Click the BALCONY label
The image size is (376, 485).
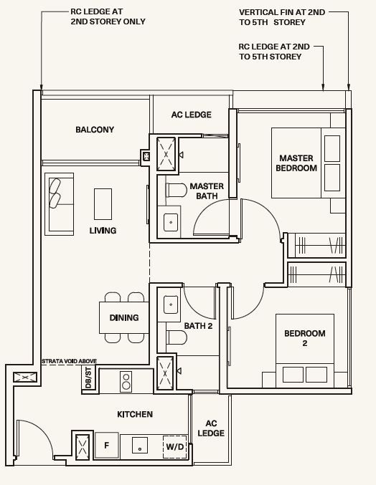point(95,130)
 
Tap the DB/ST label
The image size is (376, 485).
point(88,378)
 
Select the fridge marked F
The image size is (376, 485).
point(107,445)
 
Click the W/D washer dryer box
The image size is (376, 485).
point(175,446)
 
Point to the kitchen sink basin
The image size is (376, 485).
point(140,445)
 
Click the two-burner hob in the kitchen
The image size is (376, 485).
point(126,382)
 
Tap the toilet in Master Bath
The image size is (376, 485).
point(177,190)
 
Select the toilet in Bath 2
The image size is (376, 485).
point(177,337)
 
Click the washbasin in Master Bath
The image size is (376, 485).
point(171,222)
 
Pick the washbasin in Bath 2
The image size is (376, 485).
point(171,304)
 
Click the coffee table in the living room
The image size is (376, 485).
point(103,204)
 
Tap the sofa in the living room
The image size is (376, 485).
point(59,204)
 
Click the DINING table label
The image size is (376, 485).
point(124,317)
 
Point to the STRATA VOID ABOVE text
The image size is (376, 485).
point(70,361)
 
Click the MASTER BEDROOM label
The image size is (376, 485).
point(296,163)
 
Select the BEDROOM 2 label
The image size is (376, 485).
point(305,338)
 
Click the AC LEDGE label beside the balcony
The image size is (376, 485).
point(192,115)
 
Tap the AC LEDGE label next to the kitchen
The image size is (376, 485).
point(211,428)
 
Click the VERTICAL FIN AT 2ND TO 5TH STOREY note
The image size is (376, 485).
point(282,17)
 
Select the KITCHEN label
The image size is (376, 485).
point(135,414)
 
